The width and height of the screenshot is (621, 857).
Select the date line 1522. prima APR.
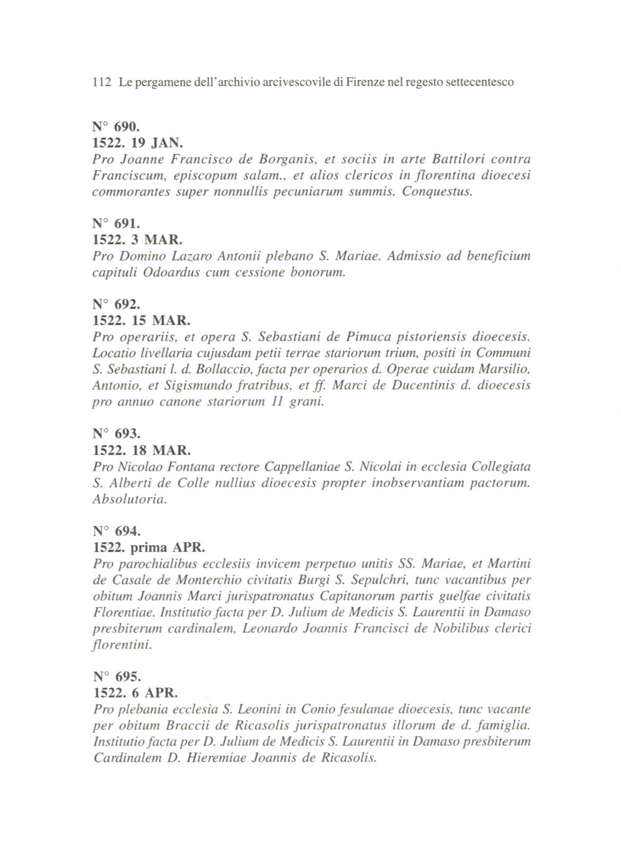click(148, 548)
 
